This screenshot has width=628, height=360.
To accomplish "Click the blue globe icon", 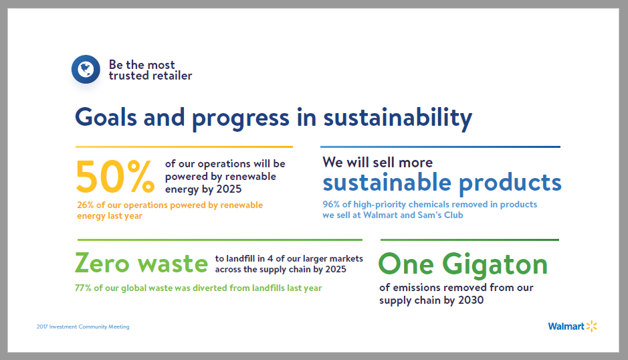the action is [86, 70].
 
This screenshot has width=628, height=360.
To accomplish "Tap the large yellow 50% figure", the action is [115, 177].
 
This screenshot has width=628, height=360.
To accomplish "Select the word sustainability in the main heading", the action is [398, 118].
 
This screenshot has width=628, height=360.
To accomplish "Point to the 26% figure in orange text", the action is [86, 205].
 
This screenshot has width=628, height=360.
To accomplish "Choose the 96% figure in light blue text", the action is [331, 204].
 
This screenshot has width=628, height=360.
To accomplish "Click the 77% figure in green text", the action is [83, 288].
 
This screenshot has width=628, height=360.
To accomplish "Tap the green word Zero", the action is [102, 263].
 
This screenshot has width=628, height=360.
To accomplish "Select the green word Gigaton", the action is [495, 265].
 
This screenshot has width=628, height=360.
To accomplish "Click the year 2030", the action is [471, 300].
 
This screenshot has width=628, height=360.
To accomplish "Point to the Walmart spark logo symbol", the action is [592, 327].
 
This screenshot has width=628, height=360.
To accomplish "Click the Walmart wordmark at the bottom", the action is [566, 327].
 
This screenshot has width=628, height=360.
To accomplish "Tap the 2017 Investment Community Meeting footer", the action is [83, 327].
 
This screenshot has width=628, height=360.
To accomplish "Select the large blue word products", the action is [510, 183].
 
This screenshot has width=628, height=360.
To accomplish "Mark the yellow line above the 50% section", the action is [184, 147].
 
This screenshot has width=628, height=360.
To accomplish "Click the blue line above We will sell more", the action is [441, 147].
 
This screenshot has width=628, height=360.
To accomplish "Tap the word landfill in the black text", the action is [239, 258].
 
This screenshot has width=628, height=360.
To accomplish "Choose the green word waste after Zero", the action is [173, 264].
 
